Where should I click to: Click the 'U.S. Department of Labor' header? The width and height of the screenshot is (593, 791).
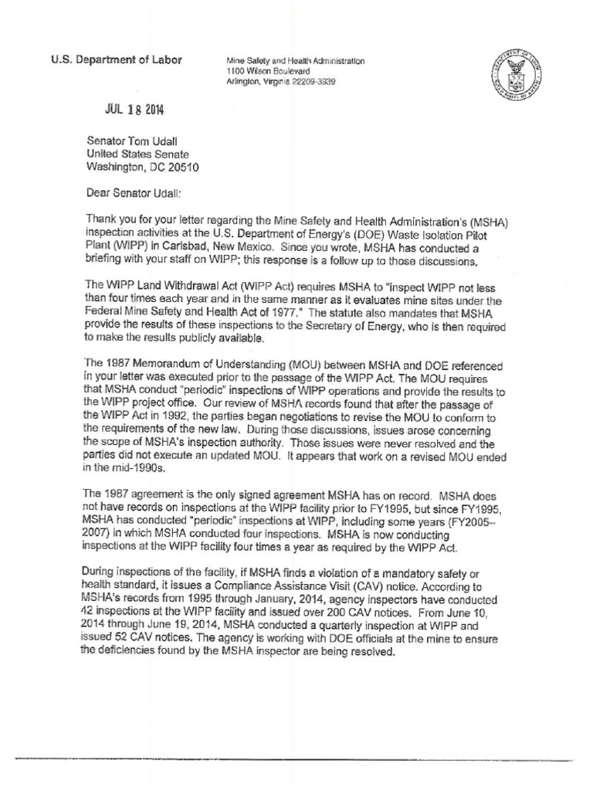[117, 61]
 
